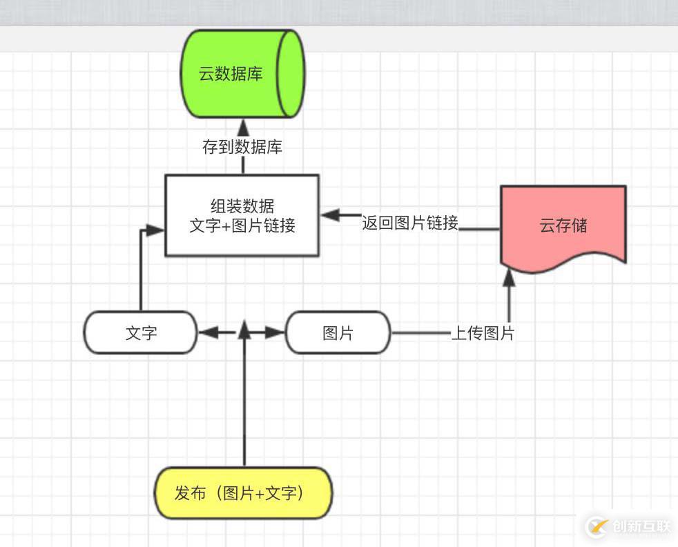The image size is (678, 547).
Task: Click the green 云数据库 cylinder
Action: [x=242, y=74]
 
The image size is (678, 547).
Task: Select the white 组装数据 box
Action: [x=242, y=215]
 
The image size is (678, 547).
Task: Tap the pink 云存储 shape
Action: [x=563, y=225]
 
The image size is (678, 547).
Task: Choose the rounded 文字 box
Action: [x=141, y=333]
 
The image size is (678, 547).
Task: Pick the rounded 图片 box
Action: [x=338, y=333]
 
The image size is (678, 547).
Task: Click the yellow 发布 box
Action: [x=243, y=493]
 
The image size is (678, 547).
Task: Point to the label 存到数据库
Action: [x=242, y=147]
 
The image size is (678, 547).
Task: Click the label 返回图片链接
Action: [x=410, y=223]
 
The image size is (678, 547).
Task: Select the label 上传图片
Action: [x=483, y=333]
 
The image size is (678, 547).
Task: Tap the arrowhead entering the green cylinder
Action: [x=243, y=127]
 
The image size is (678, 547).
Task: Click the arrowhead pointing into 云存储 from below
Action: [x=509, y=277]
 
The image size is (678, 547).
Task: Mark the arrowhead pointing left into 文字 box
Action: [x=206, y=333]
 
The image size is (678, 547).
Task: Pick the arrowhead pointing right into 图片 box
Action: [x=277, y=333]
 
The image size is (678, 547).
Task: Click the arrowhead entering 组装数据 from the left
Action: [x=155, y=231]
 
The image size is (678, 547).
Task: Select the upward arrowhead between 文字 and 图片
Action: [x=243, y=329]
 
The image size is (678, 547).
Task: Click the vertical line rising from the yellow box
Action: [x=244, y=407]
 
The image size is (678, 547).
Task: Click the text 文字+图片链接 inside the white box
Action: [x=242, y=226]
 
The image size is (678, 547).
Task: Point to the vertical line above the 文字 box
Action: [x=141, y=276]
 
